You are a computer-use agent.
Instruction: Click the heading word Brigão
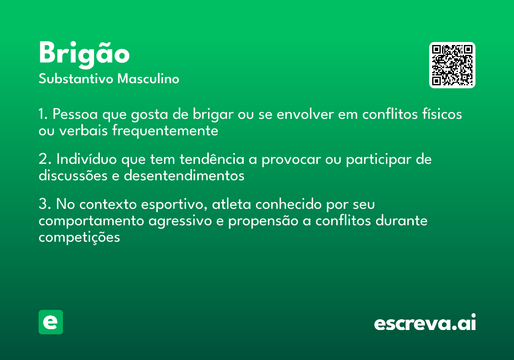(84, 55)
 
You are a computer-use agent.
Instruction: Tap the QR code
(452, 65)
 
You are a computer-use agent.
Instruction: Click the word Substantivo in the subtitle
(76, 79)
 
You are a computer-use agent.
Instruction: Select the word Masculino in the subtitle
(148, 78)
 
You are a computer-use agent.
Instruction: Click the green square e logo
(51, 322)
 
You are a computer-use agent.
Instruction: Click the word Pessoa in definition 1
(75, 114)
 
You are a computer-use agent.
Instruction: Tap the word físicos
(442, 114)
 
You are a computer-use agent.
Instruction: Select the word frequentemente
(165, 131)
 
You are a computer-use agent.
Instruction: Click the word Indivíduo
(87, 159)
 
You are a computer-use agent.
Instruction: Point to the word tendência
(212, 159)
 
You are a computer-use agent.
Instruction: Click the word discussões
(73, 175)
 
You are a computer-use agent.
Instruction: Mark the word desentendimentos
(184, 175)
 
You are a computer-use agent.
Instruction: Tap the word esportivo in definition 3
(174, 204)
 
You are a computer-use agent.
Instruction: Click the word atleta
(231, 204)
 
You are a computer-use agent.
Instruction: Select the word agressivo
(180, 221)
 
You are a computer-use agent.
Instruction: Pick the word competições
(79, 237)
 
